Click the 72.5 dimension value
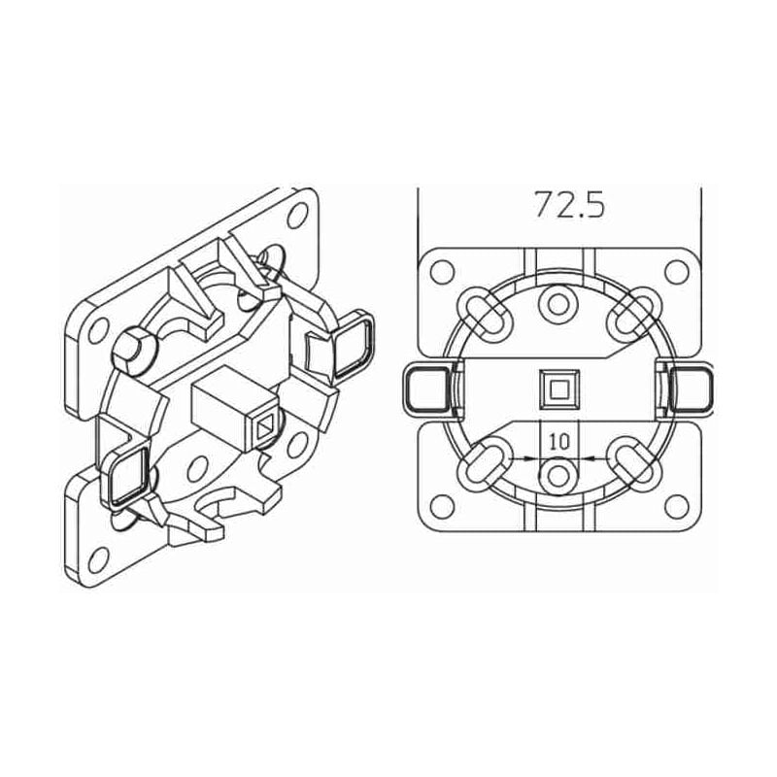(569, 205)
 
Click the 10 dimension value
(557, 440)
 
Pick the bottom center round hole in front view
(557, 476)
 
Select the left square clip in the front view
(423, 390)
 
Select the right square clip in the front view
(692, 390)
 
